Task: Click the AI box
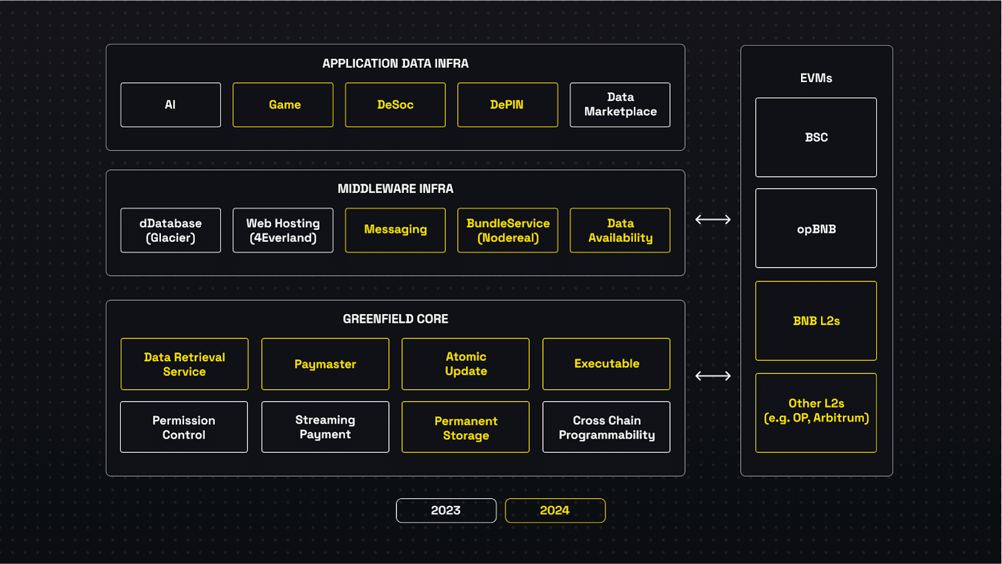(x=170, y=105)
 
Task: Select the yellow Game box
(x=283, y=105)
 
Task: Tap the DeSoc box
(x=395, y=105)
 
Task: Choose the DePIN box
(x=507, y=105)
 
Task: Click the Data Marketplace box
(x=620, y=105)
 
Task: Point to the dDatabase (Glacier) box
(x=170, y=230)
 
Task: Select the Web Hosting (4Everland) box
(x=283, y=230)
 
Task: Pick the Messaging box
(x=395, y=230)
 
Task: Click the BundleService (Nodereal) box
(x=507, y=230)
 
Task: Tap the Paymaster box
(x=325, y=364)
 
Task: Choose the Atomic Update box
(x=465, y=364)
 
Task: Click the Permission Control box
(x=184, y=427)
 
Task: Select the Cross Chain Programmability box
(x=606, y=427)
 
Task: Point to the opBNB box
(x=816, y=228)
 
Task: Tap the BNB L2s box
(x=816, y=321)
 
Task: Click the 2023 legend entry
(x=446, y=510)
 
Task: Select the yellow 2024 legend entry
(x=555, y=510)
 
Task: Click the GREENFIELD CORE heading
(x=395, y=319)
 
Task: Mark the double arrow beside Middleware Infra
(x=713, y=219)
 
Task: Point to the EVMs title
(x=816, y=78)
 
